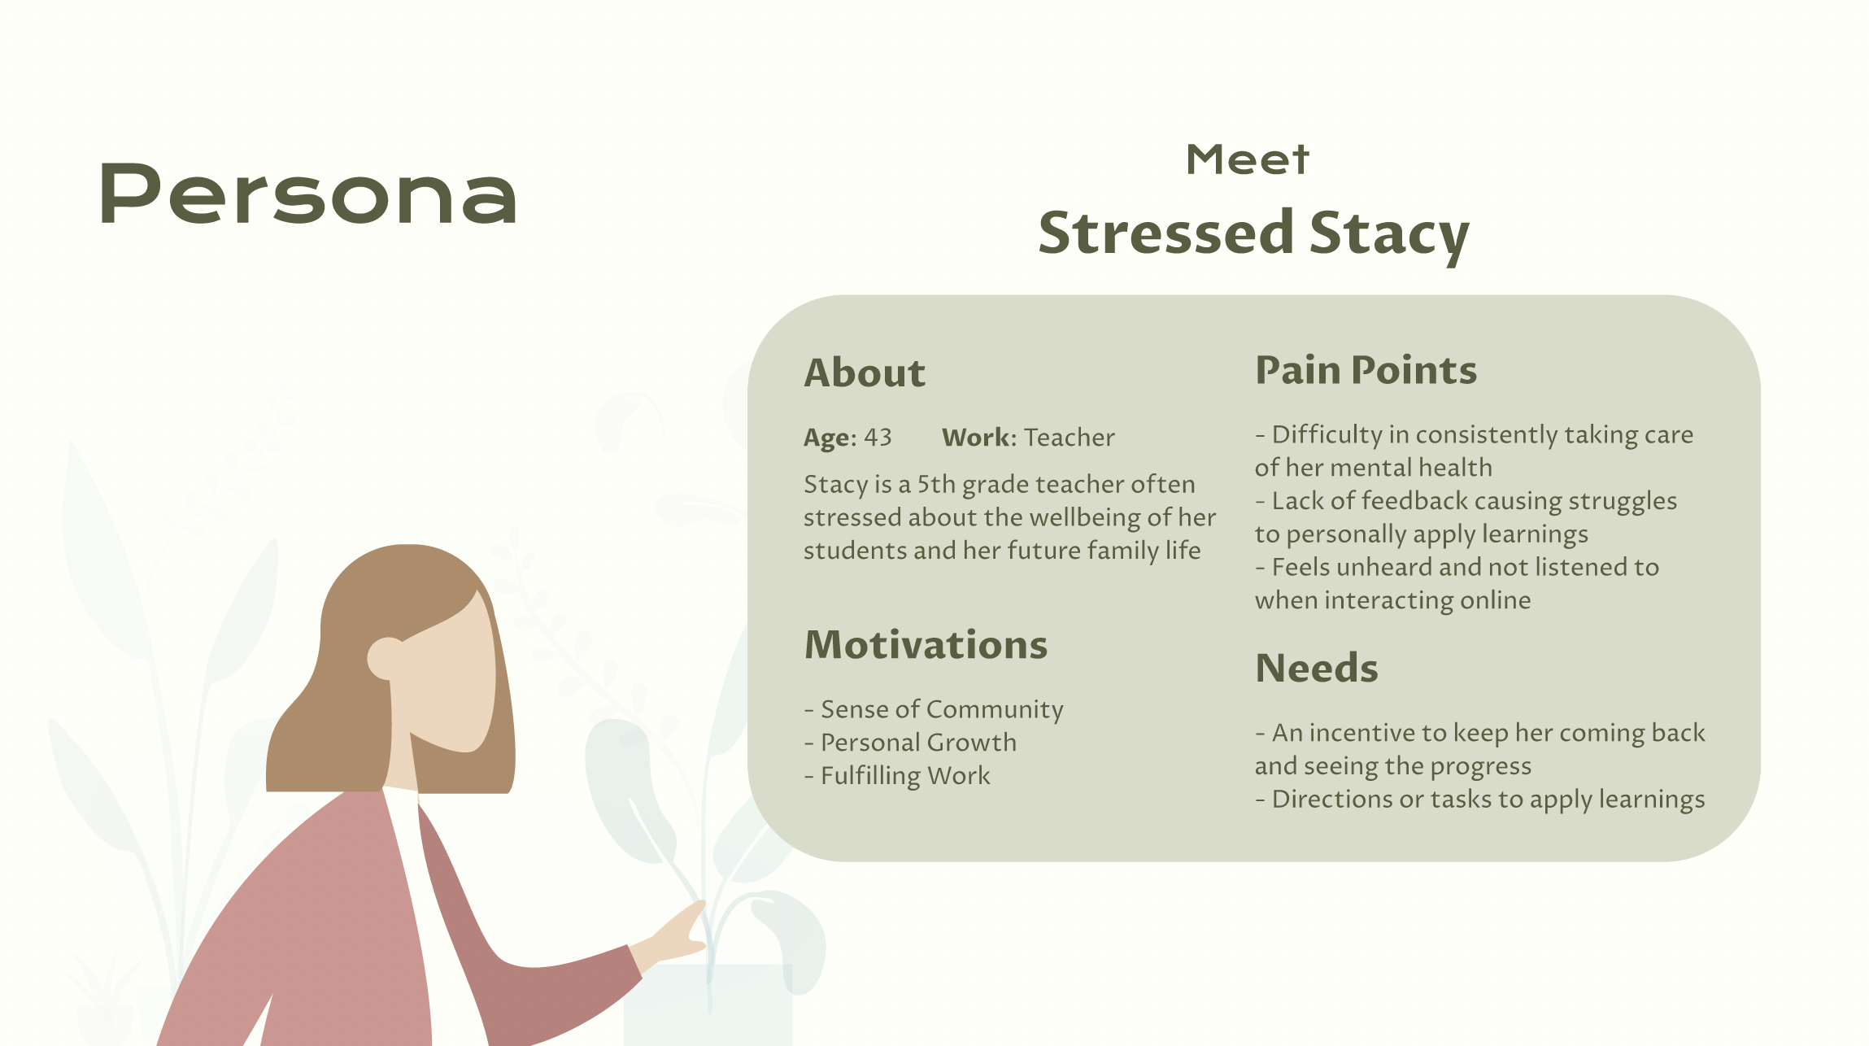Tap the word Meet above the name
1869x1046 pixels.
[1248, 159]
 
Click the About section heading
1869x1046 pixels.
[865, 373]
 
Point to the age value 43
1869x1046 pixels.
[878, 438]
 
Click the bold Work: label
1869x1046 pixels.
[979, 438]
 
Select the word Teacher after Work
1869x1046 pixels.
[1070, 438]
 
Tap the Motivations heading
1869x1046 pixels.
[926, 644]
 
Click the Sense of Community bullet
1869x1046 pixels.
[934, 710]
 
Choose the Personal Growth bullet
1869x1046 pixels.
[910, 743]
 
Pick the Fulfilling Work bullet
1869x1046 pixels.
[897, 776]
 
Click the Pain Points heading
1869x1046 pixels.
[1366, 370]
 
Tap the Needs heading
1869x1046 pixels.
[1317, 668]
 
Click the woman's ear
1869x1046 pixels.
[385, 658]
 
